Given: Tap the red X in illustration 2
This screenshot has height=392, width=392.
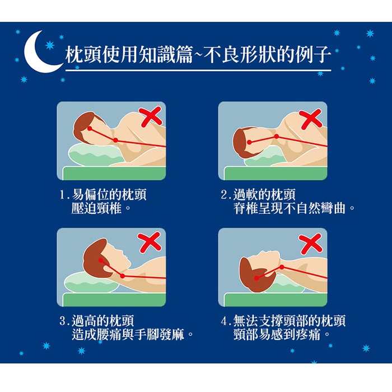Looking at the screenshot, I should coord(310,118).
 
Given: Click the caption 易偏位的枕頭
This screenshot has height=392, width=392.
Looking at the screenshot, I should coord(110,195).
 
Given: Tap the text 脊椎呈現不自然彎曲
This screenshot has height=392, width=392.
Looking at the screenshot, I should coord(290,209).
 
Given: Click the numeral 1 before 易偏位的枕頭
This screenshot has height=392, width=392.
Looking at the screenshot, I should coord(62,196).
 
